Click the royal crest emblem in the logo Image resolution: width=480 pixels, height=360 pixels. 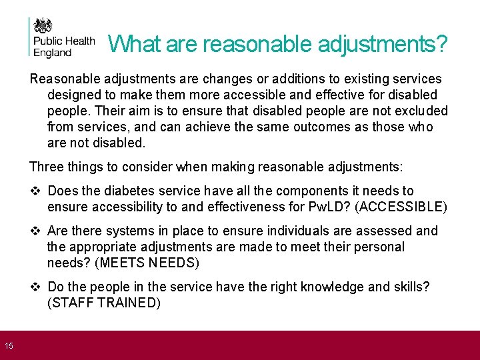[x=43, y=27]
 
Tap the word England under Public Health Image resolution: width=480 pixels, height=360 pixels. [x=52, y=53]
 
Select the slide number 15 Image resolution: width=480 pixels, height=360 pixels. [x=9, y=345]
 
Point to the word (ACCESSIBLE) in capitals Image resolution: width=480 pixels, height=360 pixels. [x=401, y=207]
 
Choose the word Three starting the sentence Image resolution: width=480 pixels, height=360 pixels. [x=46, y=167]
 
